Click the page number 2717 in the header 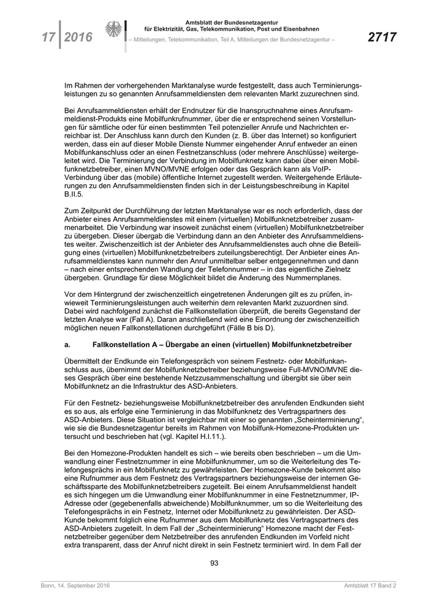tap(382, 38)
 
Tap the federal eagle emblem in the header tap(114, 31)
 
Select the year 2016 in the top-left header tap(78, 38)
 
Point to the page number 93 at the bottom tap(214, 563)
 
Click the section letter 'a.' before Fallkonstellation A tap(68, 345)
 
